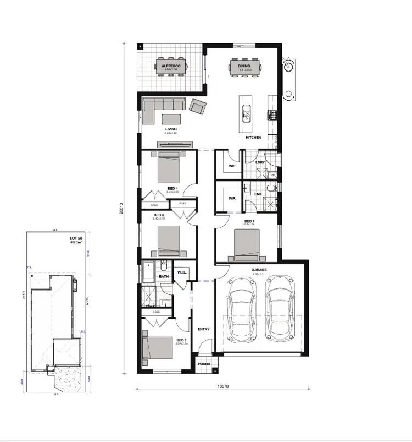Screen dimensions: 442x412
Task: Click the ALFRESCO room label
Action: tap(171, 66)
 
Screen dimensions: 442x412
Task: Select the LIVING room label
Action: tap(171, 129)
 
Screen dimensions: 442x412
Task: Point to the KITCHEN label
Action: tap(253, 137)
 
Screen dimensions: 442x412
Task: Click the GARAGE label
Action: tap(259, 270)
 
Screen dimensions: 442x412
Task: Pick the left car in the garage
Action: tap(241, 308)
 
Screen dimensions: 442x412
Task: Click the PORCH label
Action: tap(204, 364)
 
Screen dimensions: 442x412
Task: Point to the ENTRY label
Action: tap(203, 329)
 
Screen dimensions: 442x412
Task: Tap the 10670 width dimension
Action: tap(222, 386)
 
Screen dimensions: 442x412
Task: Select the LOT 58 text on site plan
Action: tap(76, 238)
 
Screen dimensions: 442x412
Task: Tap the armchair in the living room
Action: tap(198, 105)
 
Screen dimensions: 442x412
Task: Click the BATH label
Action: tap(163, 277)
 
